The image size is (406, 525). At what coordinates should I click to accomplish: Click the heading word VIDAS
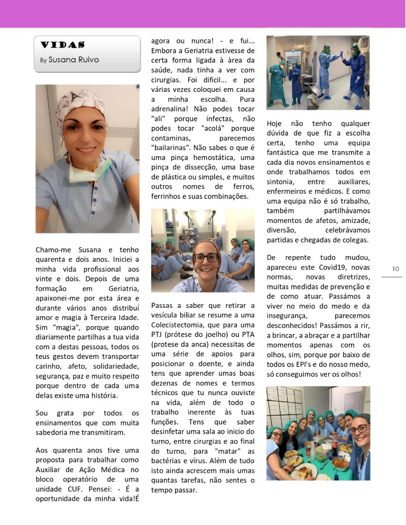pyautogui.click(x=63, y=45)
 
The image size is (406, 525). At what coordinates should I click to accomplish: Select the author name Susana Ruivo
pyautogui.click(x=73, y=60)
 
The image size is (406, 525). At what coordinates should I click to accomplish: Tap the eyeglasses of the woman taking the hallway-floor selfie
pyautogui.click(x=206, y=258)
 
